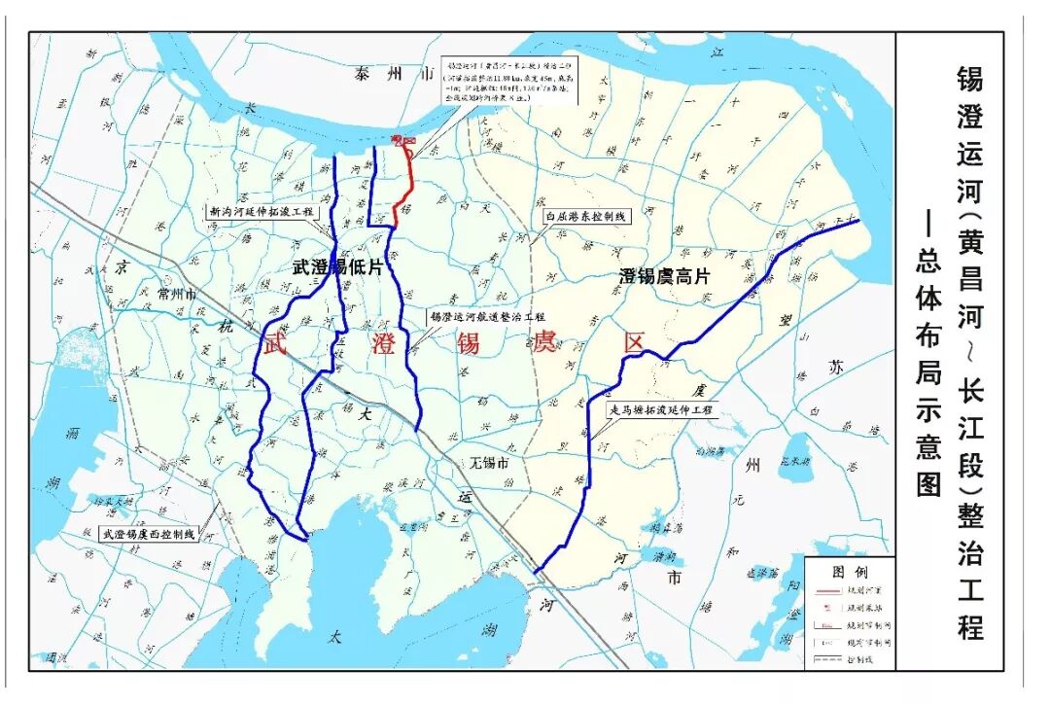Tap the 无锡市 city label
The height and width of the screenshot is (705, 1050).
pos(489,463)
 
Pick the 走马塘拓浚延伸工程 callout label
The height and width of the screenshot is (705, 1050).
pos(660,411)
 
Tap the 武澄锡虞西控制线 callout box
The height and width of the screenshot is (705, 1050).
pos(149,534)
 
